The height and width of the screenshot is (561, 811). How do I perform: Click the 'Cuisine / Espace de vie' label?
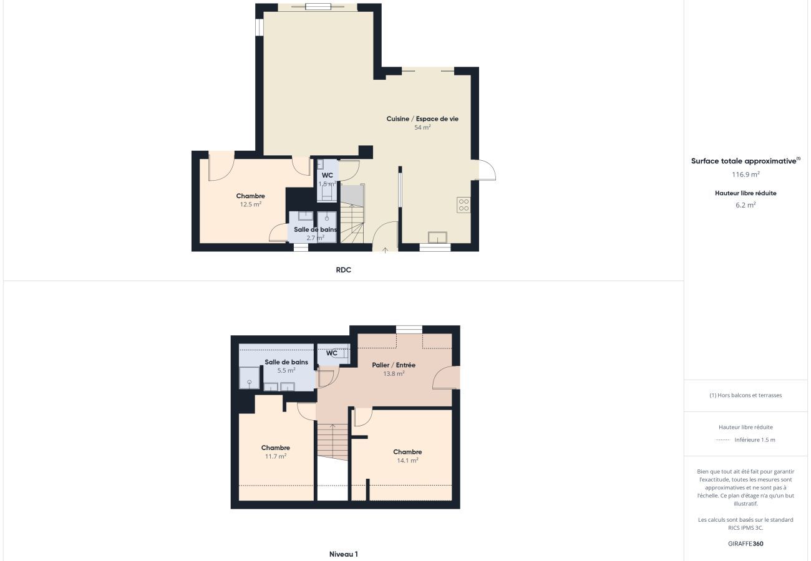click(x=422, y=118)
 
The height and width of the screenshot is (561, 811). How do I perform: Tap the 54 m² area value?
click(x=422, y=127)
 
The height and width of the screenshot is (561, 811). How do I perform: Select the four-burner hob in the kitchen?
click(x=464, y=204)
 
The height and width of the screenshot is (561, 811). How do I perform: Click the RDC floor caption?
click(x=343, y=270)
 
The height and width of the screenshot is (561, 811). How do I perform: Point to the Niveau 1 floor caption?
click(x=343, y=554)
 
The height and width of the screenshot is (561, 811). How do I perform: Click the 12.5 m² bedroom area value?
click(x=251, y=204)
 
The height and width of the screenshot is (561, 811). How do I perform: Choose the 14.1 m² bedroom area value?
click(x=407, y=461)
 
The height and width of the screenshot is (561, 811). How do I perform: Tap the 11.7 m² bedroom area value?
click(x=276, y=456)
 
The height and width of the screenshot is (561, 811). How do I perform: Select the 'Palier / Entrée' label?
click(x=394, y=365)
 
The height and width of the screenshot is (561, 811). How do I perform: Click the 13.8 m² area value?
click(x=394, y=373)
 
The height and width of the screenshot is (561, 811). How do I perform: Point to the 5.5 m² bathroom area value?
click(x=286, y=370)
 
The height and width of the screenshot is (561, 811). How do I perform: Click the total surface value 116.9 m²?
click(x=745, y=175)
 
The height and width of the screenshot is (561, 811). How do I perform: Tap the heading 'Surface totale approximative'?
click(x=745, y=161)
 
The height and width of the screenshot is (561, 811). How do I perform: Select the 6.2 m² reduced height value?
click(x=745, y=205)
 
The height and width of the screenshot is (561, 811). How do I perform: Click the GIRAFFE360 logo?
click(x=745, y=544)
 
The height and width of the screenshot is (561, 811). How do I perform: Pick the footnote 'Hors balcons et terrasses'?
click(x=749, y=395)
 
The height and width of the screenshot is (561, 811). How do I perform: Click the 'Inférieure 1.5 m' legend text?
click(x=755, y=440)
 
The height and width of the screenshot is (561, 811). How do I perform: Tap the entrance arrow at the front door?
click(x=385, y=250)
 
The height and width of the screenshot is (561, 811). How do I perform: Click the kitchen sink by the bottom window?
click(x=437, y=237)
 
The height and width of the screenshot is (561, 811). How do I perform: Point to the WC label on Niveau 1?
click(x=332, y=353)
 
